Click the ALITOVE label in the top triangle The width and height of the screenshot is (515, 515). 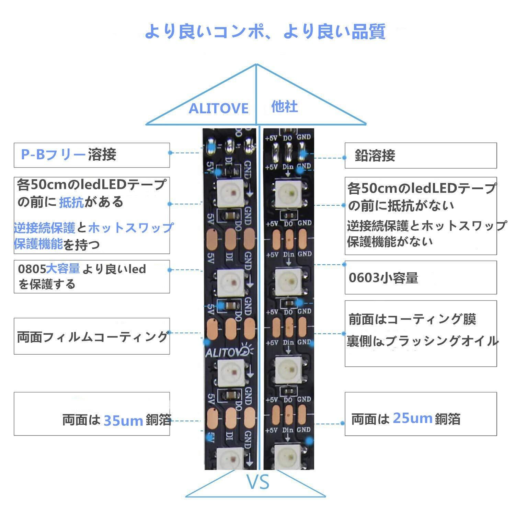218,108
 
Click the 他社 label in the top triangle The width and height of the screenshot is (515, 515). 284,107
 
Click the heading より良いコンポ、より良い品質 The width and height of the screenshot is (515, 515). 265,32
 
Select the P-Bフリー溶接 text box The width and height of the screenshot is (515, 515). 92,155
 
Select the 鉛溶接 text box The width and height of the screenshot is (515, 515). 421,156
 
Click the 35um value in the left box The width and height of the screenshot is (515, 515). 123,420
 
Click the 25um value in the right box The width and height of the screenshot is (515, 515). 412,418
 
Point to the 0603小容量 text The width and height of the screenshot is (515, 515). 383,277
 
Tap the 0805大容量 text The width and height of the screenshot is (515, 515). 49,269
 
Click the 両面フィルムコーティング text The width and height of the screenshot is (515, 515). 92,337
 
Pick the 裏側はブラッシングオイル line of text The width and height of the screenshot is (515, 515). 422,341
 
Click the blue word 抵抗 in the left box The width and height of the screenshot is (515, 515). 71,203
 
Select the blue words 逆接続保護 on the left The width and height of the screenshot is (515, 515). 45,228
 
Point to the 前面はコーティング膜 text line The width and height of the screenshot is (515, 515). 412,319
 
